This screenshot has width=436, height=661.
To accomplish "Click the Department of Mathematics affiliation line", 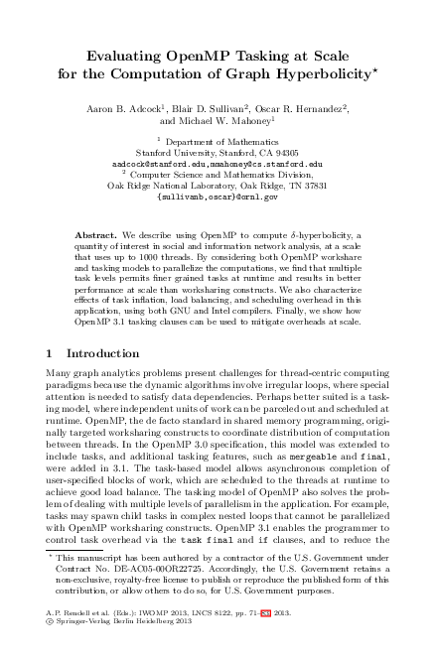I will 220,142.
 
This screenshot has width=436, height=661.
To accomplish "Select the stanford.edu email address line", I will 218,164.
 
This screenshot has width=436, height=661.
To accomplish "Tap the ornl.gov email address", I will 218,198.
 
